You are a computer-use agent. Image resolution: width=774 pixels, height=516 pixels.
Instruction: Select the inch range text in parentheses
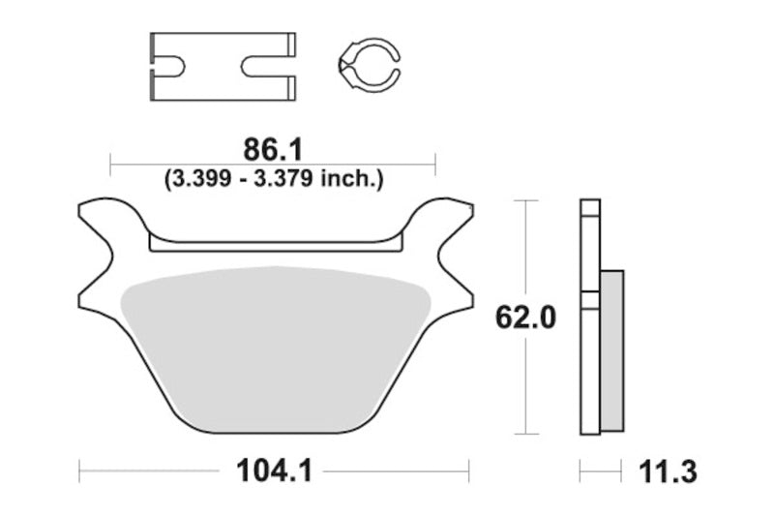coord(275,178)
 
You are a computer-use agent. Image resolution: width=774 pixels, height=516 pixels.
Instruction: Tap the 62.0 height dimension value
coord(524,318)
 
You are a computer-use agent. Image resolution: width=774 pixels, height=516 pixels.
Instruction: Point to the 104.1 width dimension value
coord(273,472)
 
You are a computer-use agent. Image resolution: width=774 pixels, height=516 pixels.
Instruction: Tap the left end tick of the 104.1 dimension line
coord(79,472)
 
